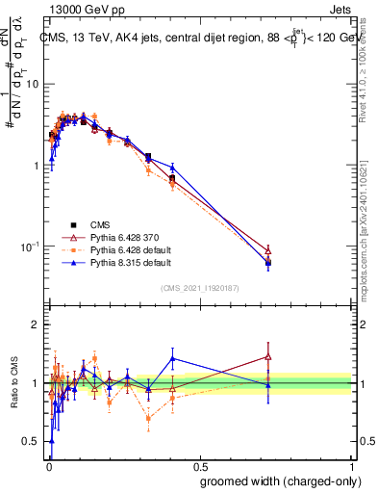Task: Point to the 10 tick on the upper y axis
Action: (34, 84)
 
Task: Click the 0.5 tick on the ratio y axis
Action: (34, 441)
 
